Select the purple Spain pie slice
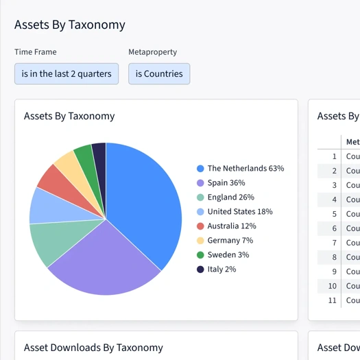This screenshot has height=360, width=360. coord(103,261)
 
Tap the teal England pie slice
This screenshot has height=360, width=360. coord(55,241)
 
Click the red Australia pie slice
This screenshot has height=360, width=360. coord(55,180)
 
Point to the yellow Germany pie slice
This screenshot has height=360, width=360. coord(69,165)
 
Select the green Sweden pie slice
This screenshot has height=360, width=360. coord(84,156)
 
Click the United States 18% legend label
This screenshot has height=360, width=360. coord(239,212)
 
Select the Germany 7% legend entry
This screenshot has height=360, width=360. coord(230,241)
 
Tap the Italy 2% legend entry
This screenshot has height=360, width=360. coord(221,269)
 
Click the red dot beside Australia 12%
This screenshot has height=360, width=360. coord(200,226)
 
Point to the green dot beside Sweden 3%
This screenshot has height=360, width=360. coord(200,255)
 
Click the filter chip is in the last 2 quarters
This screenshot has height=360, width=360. coord(67,74)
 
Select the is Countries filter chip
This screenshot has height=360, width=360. coord(159,74)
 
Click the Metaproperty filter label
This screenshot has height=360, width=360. coord(153,52)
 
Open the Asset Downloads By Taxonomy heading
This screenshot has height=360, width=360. coord(93,348)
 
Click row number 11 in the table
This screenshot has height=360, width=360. coord(333,300)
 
